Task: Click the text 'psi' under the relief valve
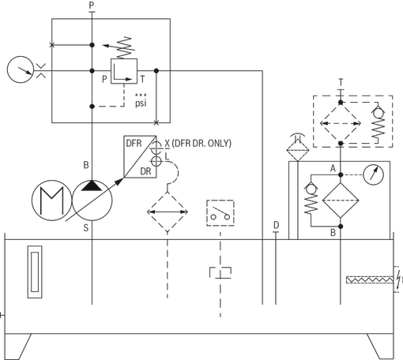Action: pyautogui.click(x=141, y=103)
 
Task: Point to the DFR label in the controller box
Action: pyautogui.click(x=134, y=144)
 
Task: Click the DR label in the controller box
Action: pyautogui.click(x=145, y=171)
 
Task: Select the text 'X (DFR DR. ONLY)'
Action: pyautogui.click(x=198, y=144)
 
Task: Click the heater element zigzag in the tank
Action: pyautogui.click(x=370, y=279)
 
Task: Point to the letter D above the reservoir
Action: pyautogui.click(x=276, y=225)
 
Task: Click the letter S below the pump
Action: pyautogui.click(x=86, y=228)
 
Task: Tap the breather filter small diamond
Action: pyautogui.click(x=298, y=150)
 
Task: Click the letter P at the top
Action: pyautogui.click(x=92, y=5)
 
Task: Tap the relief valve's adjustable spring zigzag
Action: pyautogui.click(x=125, y=48)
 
